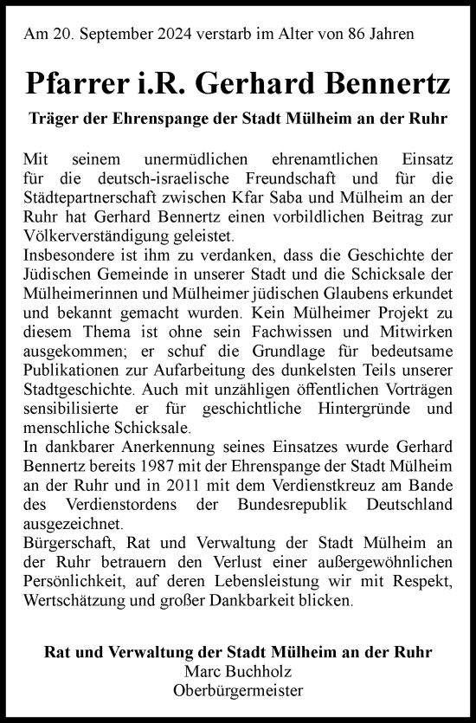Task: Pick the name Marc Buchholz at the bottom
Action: tap(238, 671)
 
